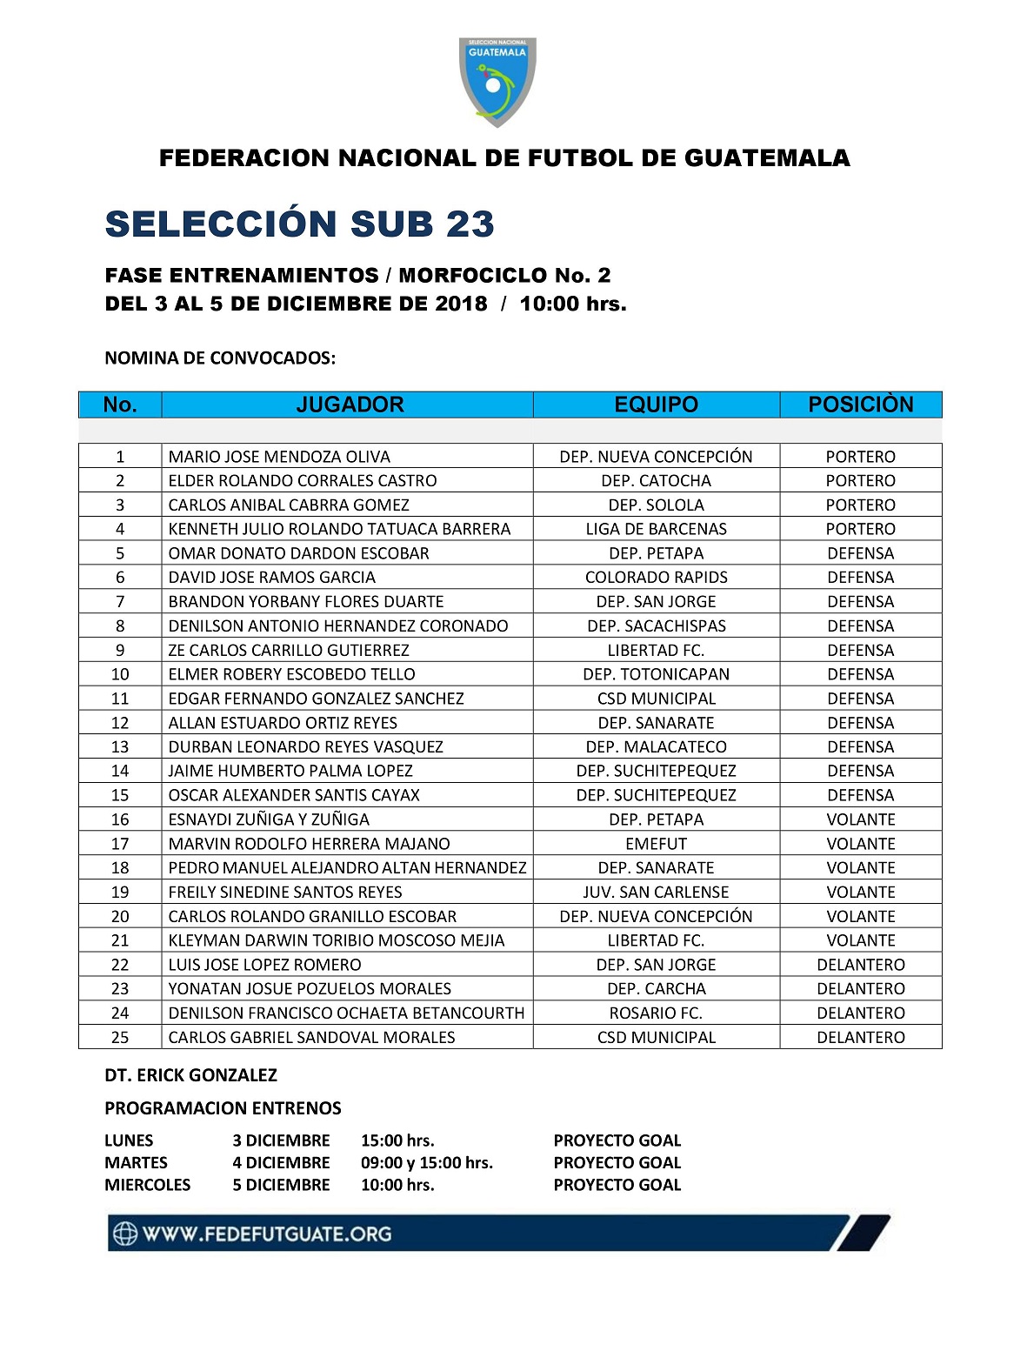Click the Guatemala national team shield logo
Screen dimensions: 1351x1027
pyautogui.click(x=497, y=81)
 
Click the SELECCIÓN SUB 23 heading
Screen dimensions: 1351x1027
pyautogui.click(x=299, y=224)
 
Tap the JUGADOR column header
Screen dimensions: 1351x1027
pyautogui.click(x=350, y=405)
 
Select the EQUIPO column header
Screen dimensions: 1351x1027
pyautogui.click(x=656, y=405)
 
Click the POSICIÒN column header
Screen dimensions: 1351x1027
pyautogui.click(x=860, y=405)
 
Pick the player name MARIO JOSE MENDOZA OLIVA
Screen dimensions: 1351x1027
pyautogui.click(x=279, y=457)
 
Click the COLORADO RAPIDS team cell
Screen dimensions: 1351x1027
pyautogui.click(x=656, y=578)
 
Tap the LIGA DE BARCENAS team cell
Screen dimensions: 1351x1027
pyautogui.click(x=656, y=529)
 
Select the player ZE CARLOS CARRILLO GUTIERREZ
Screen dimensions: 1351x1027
pyautogui.click(x=289, y=650)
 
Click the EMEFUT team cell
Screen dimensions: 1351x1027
pyautogui.click(x=656, y=844)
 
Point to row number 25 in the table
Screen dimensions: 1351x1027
pyautogui.click(x=120, y=1037)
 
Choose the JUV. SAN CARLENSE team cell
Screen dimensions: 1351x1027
pyautogui.click(x=656, y=892)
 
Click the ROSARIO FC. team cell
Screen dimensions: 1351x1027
pyautogui.click(x=656, y=1013)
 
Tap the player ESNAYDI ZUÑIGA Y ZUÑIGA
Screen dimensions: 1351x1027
pyautogui.click(x=269, y=819)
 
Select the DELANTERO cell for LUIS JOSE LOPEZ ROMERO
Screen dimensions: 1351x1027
pyautogui.click(x=860, y=965)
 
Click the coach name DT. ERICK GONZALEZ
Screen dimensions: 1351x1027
pyautogui.click(x=190, y=1075)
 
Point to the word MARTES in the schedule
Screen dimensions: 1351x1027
pyautogui.click(x=136, y=1162)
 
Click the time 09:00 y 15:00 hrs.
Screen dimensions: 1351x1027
pyautogui.click(x=426, y=1162)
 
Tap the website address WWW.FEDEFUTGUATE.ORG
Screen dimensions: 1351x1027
pyautogui.click(x=266, y=1234)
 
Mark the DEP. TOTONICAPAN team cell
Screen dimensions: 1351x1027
pyautogui.click(x=656, y=674)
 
